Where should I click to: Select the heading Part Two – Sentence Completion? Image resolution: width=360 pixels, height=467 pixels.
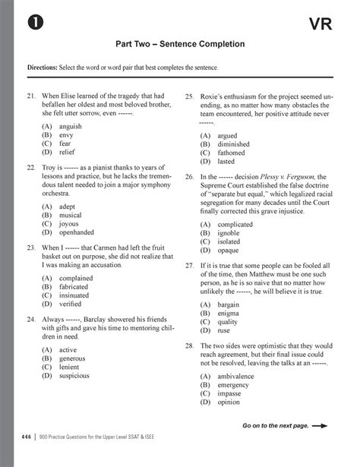179,45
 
